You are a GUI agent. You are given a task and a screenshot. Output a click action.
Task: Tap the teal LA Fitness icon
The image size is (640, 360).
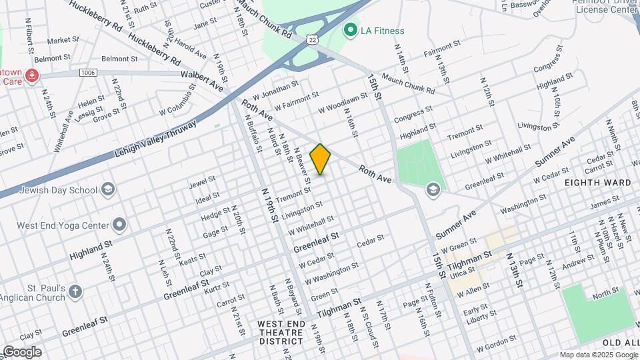coord(349,30)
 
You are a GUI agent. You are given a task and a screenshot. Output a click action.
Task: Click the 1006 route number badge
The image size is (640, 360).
coord(87,72)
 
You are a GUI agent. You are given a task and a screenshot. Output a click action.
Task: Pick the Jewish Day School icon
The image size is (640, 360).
coord(107,190)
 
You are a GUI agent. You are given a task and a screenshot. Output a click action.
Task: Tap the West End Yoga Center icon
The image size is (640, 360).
coord(119,224)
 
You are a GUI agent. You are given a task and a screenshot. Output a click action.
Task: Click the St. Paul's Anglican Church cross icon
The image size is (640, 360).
coord(75,291)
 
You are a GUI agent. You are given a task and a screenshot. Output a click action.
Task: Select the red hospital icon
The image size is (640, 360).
coord(31,77)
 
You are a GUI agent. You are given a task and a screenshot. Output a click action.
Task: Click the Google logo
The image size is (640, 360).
coord(22,352)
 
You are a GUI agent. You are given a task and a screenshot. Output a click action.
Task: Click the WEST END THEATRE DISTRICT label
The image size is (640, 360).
coord(281,333)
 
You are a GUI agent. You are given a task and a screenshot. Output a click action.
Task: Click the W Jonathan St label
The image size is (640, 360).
coord(275,89)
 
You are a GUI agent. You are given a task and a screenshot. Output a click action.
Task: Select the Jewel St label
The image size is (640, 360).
coord(202,181)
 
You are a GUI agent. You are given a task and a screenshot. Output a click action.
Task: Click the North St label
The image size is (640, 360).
coord(605,293)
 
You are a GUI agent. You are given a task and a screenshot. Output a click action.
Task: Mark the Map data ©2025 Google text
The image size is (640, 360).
coord(599,354)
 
